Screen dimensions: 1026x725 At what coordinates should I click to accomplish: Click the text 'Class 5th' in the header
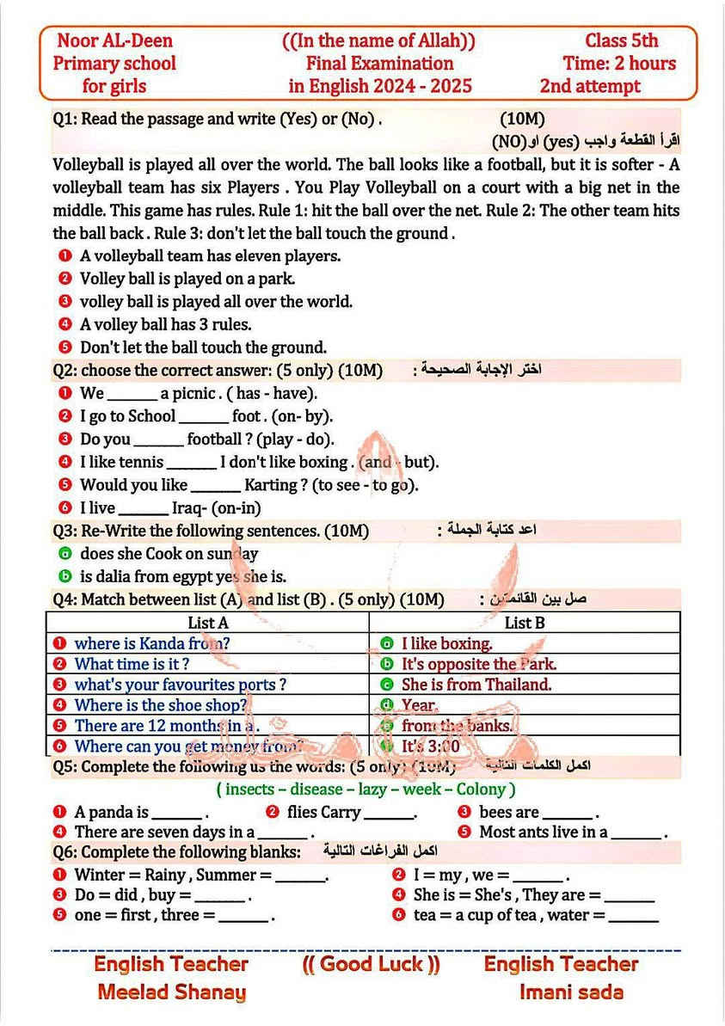point(621,40)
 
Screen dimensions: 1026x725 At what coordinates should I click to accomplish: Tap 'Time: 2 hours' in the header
point(619,63)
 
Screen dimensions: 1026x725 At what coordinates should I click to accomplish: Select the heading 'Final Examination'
point(379,63)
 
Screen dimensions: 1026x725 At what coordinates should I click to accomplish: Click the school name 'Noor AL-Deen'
point(114,40)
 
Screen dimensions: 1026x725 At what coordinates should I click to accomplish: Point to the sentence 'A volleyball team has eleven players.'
point(210,255)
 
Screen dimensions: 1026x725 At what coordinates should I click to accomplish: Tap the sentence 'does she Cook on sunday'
point(169,554)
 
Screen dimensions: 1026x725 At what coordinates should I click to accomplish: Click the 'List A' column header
point(207,622)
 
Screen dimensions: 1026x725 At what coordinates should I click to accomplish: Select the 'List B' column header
point(524,622)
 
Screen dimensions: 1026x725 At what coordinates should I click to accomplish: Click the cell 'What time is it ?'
point(132,663)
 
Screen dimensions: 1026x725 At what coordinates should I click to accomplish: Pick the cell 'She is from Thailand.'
point(476,685)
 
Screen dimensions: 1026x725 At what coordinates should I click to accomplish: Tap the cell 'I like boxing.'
point(446,643)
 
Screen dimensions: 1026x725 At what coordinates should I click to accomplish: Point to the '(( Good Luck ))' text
point(371,964)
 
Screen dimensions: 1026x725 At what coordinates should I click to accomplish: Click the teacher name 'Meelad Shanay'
point(171,992)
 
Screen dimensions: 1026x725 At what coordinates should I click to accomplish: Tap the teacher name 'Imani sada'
point(571,992)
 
